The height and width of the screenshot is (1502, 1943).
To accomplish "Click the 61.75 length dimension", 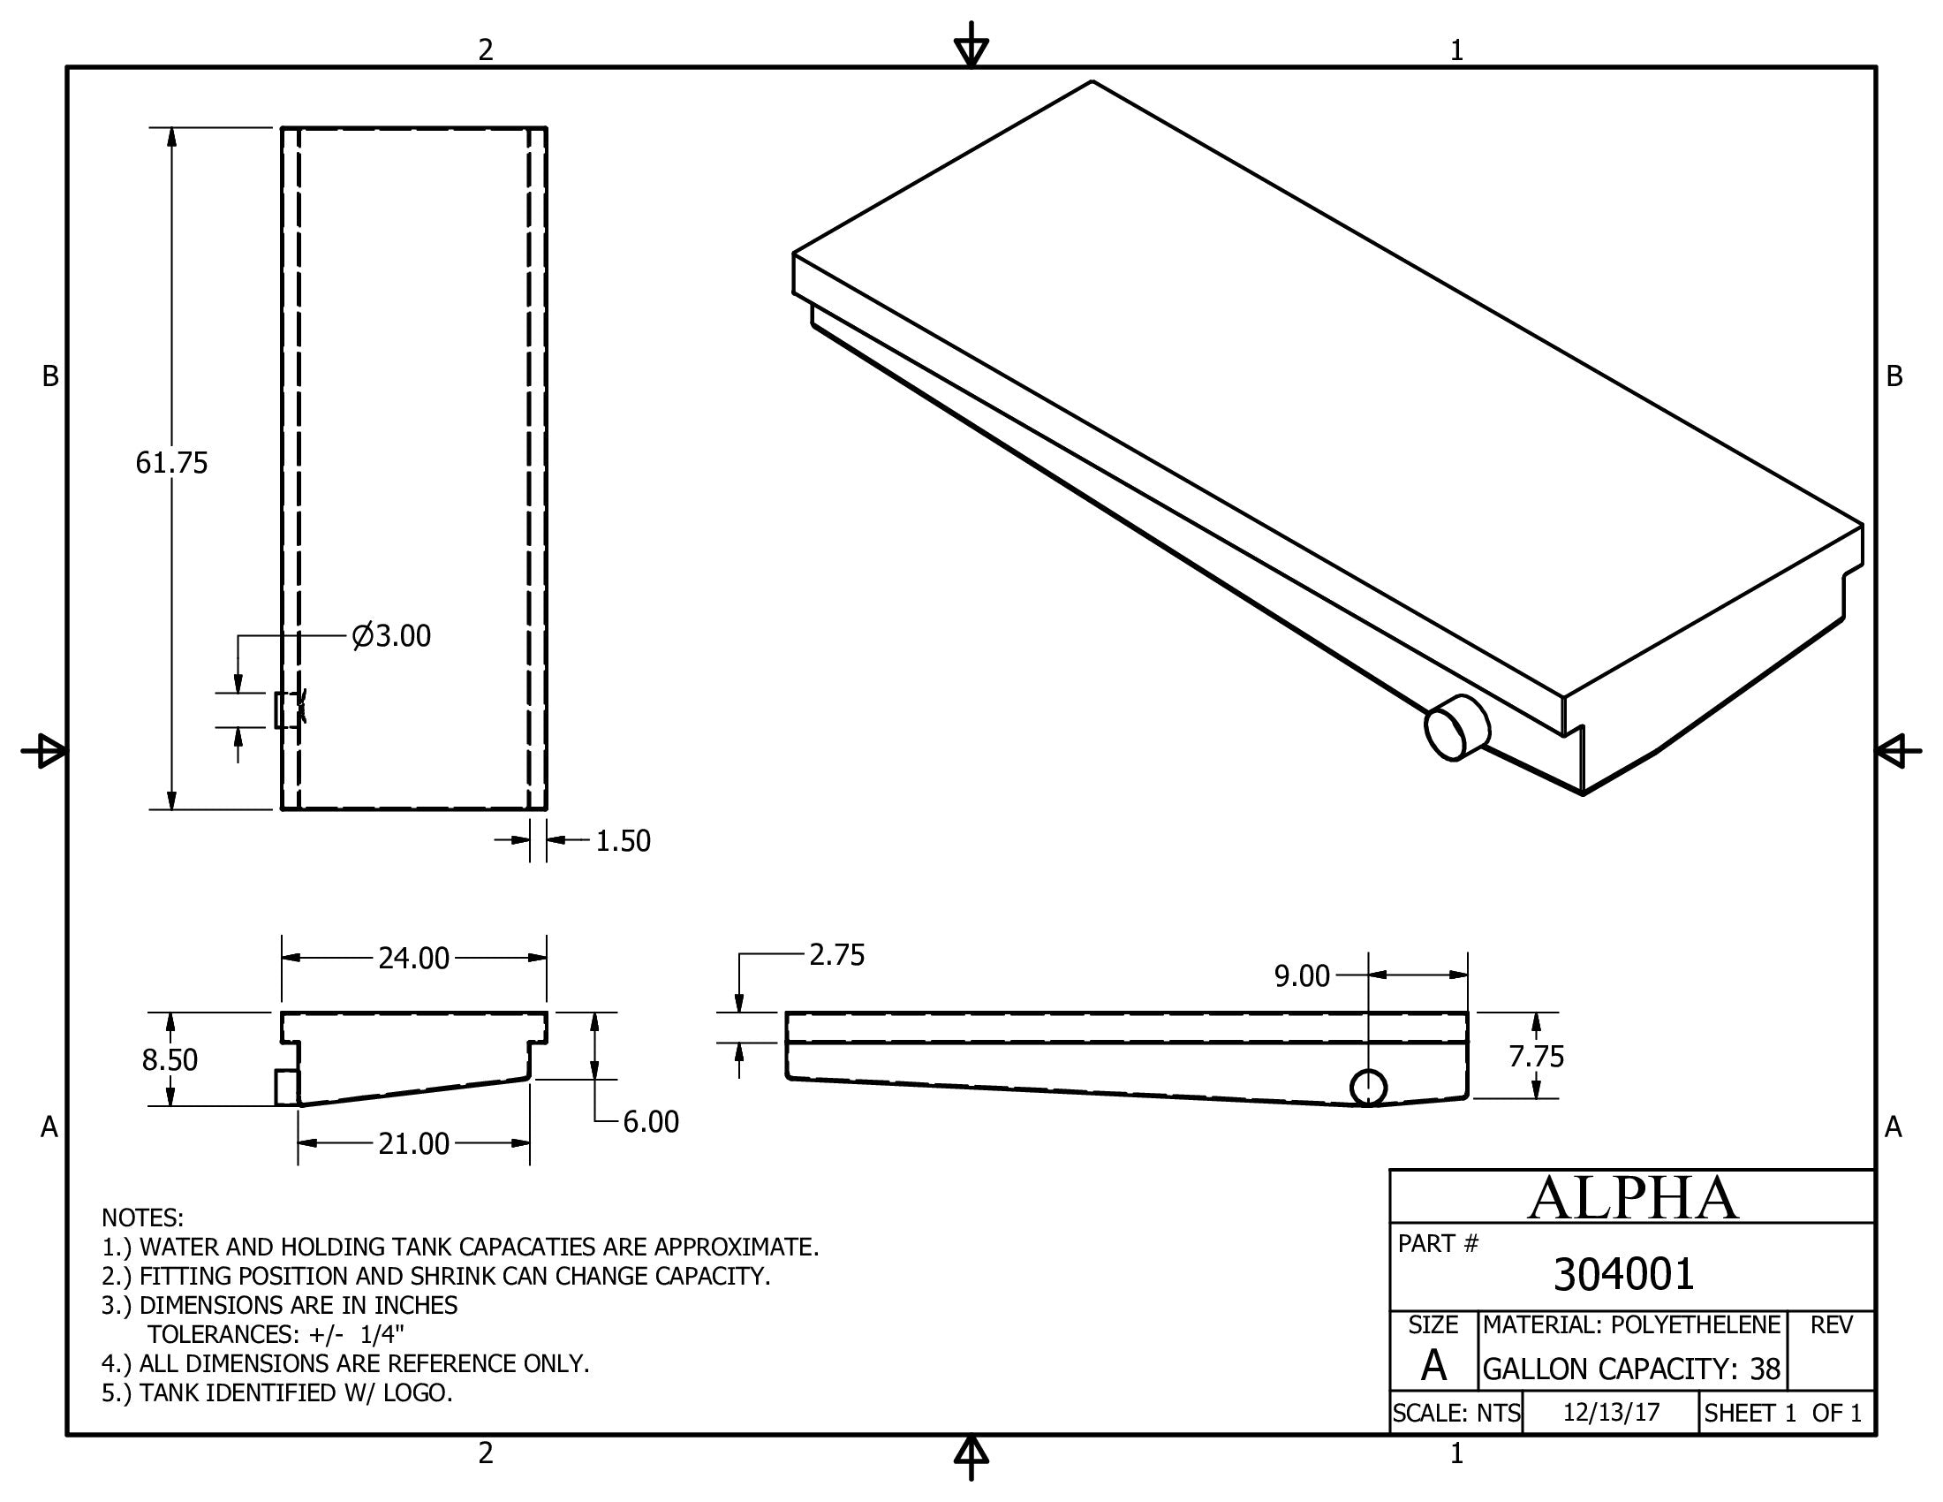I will point(170,463).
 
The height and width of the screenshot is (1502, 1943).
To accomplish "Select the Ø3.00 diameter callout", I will point(391,636).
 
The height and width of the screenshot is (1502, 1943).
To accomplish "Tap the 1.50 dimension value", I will point(623,841).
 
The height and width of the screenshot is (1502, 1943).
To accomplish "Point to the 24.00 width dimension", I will point(413,959).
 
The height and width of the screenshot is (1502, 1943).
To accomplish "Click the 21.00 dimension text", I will point(413,1143).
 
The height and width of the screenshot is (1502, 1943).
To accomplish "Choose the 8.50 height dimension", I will point(169,1059).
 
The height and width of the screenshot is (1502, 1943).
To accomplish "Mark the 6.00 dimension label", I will point(650,1122).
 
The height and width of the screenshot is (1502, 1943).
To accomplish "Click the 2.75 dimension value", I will point(836,955).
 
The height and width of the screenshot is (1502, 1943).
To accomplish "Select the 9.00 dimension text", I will point(1302,976).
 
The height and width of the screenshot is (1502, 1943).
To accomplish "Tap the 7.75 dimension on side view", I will point(1536,1056).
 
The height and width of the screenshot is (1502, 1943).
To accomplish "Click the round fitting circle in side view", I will point(1368,1088).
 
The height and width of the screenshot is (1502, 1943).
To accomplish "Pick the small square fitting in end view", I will point(286,1088).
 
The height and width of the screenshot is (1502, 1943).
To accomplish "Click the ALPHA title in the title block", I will point(1632,1198).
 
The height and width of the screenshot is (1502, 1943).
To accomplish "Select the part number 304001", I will point(1623,1273).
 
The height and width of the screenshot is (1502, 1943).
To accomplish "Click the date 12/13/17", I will point(1611,1413).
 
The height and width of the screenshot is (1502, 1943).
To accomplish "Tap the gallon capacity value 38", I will point(1765,1369).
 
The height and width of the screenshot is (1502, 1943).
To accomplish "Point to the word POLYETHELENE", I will point(1696,1325).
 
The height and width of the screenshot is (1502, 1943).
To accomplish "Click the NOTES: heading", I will point(142,1218).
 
